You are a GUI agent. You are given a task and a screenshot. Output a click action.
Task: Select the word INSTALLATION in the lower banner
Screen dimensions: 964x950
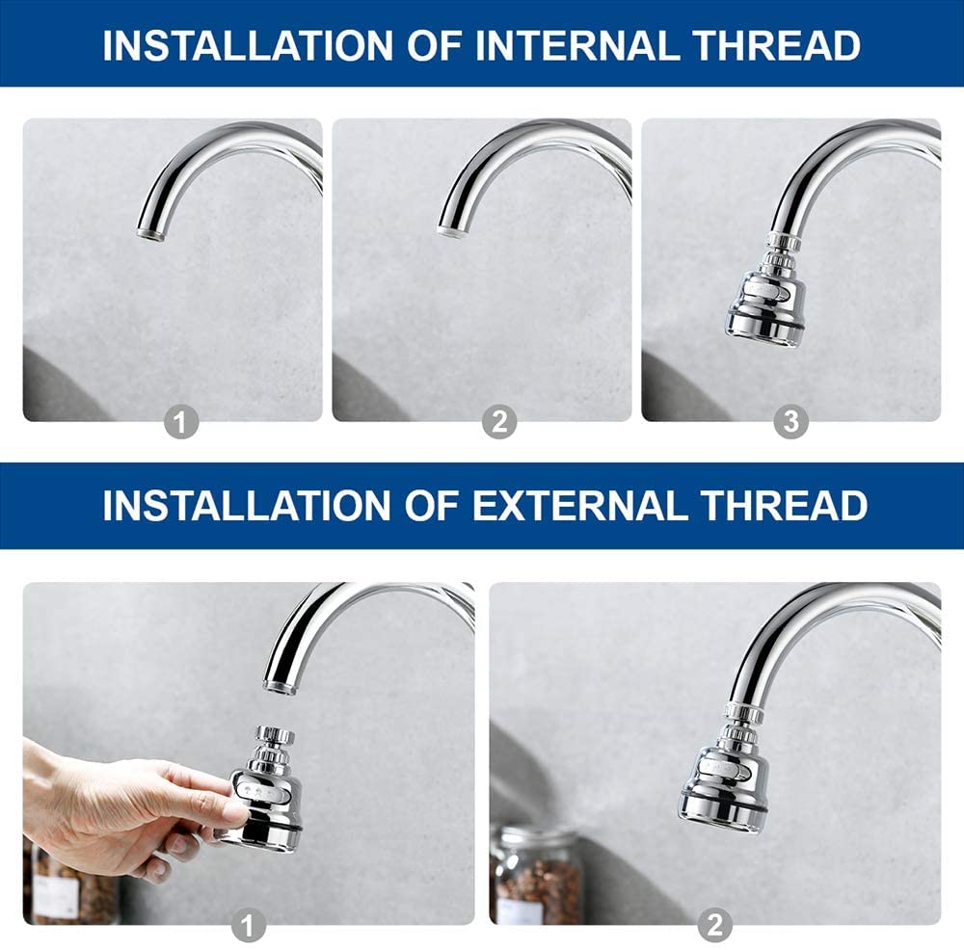(247, 506)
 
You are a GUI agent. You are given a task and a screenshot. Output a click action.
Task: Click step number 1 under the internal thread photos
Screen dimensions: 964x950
(181, 422)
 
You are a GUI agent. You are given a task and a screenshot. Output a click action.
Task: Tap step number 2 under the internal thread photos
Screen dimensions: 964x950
(499, 422)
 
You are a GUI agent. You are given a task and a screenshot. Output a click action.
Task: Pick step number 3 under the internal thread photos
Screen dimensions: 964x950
(790, 422)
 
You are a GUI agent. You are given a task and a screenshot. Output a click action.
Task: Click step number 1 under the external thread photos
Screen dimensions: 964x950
(248, 925)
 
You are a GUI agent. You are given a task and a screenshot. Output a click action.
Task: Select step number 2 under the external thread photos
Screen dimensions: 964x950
(715, 925)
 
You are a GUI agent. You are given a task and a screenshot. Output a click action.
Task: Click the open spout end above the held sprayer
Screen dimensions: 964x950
(280, 686)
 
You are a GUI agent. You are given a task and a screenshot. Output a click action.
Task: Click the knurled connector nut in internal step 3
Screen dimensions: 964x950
(783, 243)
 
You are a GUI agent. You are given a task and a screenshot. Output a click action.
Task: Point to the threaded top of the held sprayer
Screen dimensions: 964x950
(275, 735)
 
